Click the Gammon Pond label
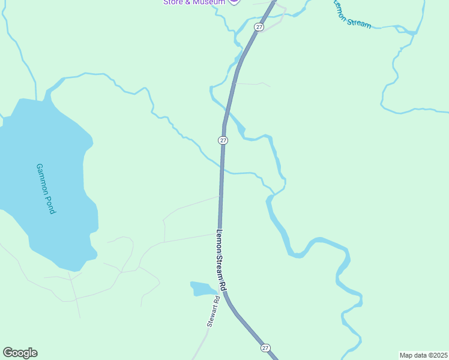point(46,189)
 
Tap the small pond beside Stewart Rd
point(202,289)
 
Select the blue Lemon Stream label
point(352,13)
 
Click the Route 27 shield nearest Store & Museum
point(259,27)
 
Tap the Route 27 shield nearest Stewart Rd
point(265,347)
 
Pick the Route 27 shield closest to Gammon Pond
point(223,140)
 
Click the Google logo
point(20,353)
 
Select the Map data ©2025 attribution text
point(423,355)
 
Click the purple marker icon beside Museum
point(234,2)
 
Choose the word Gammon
point(42,178)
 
